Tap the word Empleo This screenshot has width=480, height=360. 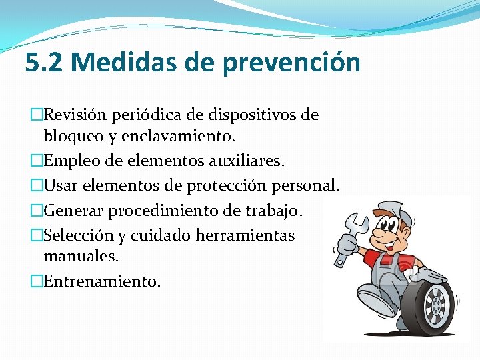(70, 160)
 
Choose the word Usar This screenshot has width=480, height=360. (61, 185)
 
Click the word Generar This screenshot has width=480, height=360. (73, 211)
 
